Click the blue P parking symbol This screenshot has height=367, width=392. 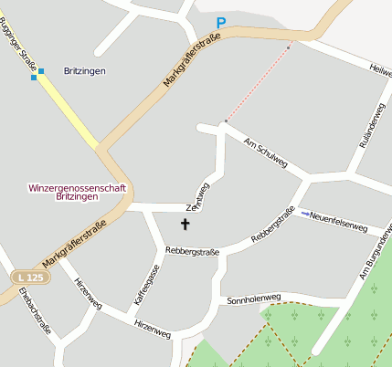point(220,23)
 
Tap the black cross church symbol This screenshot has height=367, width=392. point(185,224)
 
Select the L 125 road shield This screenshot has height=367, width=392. point(28,276)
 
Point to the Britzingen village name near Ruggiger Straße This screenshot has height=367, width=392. point(85,70)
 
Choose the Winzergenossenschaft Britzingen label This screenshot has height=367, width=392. point(78,192)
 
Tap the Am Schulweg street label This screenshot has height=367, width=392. point(266,152)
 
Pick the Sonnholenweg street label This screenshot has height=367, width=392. point(254,299)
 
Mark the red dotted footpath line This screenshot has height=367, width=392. point(259,82)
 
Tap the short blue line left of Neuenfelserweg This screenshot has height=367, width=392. point(305,214)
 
